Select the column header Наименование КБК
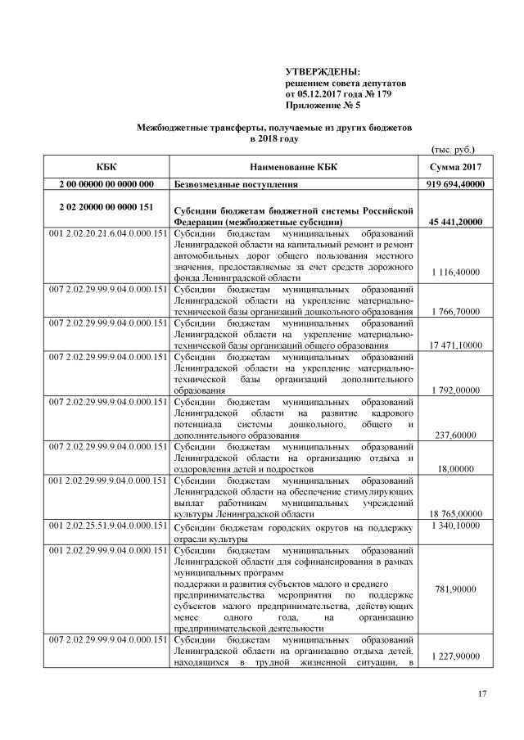pos(293,167)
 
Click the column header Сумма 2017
pos(454,167)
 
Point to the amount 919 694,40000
pos(454,184)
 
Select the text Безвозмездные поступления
pos(240,184)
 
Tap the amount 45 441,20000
pos(454,221)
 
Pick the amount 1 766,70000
pos(454,312)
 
